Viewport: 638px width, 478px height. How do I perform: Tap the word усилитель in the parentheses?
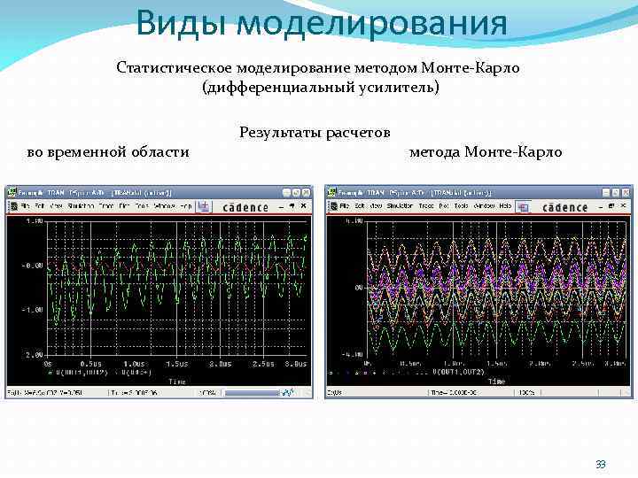(400, 88)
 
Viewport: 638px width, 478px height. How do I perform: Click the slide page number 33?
(601, 465)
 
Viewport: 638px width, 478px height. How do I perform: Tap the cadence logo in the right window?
(564, 207)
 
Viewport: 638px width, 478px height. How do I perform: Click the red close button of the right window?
(626, 191)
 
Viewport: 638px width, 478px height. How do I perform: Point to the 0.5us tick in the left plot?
(91, 364)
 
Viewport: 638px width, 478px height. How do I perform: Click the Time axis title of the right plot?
(495, 381)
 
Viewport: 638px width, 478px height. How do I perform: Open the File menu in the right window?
(345, 206)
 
